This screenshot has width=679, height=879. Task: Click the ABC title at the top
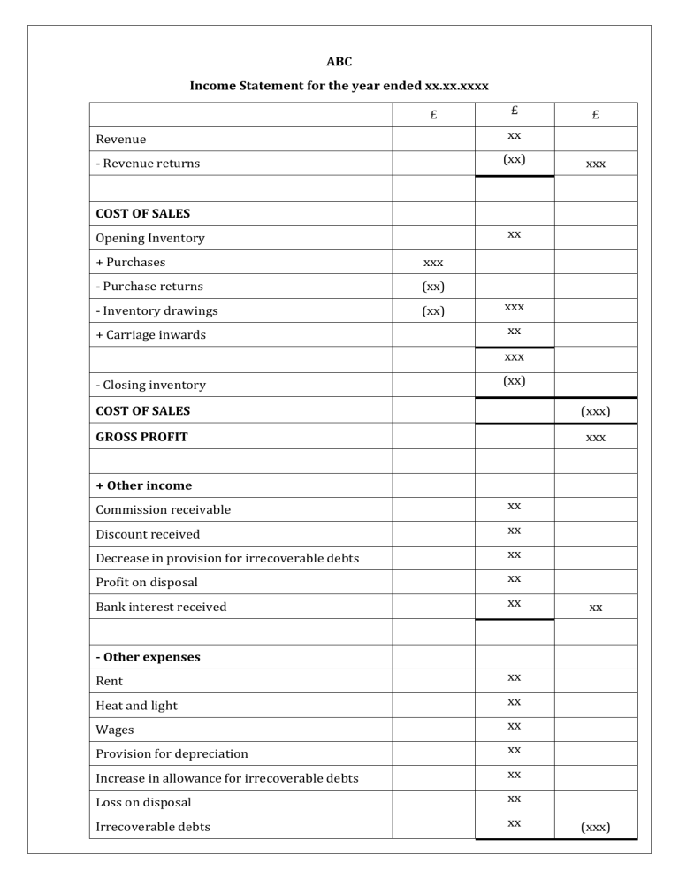339,61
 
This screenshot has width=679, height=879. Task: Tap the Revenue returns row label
148,164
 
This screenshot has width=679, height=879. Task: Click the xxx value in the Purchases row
433,263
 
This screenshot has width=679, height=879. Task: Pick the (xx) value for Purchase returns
433,287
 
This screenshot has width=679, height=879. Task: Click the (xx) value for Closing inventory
514,380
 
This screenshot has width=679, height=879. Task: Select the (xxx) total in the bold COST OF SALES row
596,411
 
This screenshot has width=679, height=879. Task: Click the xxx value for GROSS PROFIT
596,437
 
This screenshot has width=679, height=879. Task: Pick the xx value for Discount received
514,531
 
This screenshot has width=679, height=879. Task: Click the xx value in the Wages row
514,726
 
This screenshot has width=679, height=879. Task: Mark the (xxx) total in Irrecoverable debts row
596,828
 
